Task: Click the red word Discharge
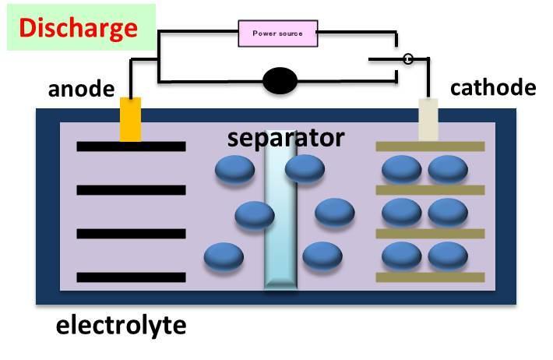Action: [78, 28]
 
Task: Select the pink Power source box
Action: [276, 34]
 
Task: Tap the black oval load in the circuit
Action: [279, 81]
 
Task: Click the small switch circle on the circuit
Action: [406, 59]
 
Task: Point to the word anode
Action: [82, 88]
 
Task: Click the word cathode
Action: [493, 86]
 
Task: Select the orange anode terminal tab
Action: [130, 119]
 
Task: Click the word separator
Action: [285, 138]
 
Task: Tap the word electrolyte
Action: [122, 324]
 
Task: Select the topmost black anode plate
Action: [131, 146]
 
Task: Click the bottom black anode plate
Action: [131, 277]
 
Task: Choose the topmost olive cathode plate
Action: [430, 146]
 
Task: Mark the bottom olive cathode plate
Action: [430, 277]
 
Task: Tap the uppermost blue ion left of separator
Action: [234, 171]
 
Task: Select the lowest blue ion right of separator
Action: [322, 256]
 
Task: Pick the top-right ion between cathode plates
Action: [448, 169]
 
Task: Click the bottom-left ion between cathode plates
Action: [403, 256]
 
